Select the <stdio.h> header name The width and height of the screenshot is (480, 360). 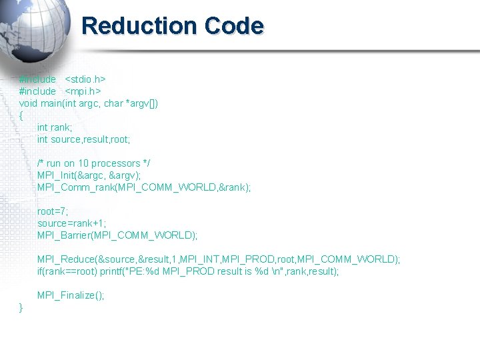[85, 79]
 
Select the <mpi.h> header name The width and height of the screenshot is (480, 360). [83, 91]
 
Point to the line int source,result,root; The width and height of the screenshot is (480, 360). [83, 139]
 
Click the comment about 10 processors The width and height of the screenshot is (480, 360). [93, 163]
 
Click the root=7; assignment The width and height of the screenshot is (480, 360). [53, 211]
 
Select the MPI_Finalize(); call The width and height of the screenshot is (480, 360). [71, 295]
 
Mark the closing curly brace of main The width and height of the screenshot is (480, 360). [21, 307]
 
